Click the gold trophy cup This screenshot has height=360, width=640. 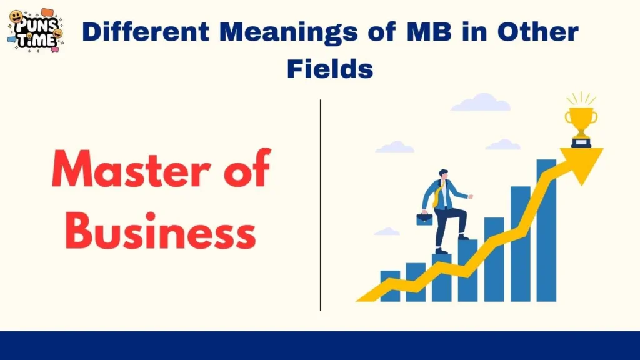tap(581, 122)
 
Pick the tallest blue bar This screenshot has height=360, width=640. tap(546, 231)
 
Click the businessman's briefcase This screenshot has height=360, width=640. tap(425, 219)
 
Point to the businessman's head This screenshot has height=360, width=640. tap(443, 174)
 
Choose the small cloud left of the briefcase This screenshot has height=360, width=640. tap(387, 232)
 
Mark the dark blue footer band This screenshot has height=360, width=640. tap(320, 346)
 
